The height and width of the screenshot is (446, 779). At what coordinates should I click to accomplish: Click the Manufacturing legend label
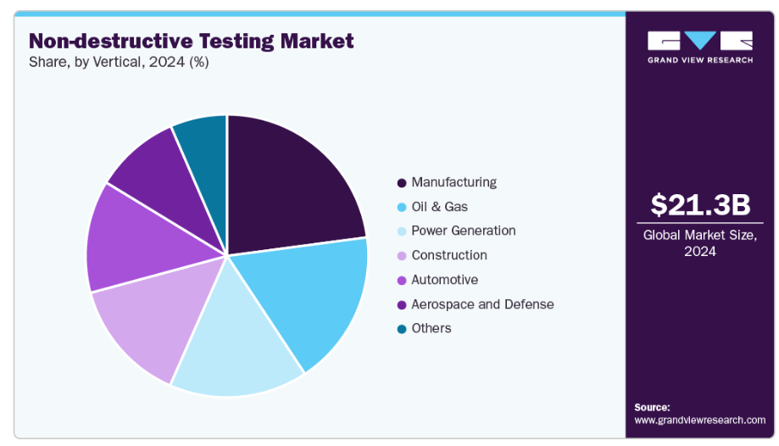[x=453, y=182]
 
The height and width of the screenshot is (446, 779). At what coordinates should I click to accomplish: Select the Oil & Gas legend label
[x=439, y=206]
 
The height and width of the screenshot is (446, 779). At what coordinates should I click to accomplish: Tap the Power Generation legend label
[x=463, y=231]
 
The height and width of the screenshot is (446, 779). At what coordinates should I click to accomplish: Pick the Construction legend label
[x=448, y=255]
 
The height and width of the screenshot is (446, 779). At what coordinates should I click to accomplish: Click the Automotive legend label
[x=444, y=280]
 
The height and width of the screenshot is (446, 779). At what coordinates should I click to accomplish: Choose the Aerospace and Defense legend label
[x=482, y=304]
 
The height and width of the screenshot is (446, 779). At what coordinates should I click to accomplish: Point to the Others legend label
[x=431, y=328]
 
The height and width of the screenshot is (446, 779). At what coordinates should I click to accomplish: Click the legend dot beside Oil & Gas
[x=401, y=207]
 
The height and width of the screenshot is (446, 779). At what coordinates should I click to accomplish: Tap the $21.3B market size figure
[x=700, y=204]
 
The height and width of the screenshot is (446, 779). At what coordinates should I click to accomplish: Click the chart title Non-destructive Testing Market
[x=192, y=41]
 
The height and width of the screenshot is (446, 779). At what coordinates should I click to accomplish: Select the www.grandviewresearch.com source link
[x=699, y=420]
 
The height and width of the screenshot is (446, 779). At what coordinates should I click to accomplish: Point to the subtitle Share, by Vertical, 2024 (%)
[x=119, y=62]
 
